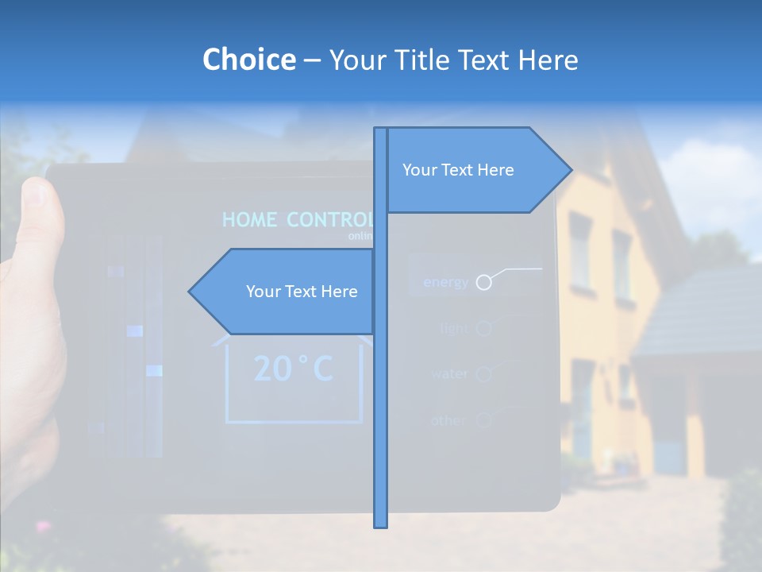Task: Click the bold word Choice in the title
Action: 248,60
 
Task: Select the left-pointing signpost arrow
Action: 214,292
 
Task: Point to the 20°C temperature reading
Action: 294,369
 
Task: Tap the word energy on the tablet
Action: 445,282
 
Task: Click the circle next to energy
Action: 483,282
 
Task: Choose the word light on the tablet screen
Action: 454,328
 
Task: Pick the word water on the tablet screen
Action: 449,373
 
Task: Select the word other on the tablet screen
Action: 448,419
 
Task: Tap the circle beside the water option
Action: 483,373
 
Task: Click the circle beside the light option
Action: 483,328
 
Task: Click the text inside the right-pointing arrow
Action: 458,170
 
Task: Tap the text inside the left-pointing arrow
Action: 302,292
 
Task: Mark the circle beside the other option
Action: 483,419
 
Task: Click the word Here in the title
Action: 548,60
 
